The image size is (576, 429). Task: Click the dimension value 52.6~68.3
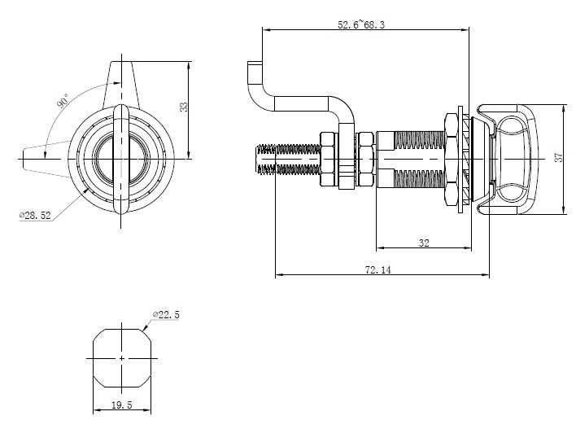coord(361,25)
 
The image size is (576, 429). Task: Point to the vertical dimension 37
coord(559,158)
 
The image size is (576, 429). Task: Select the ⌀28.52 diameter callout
coord(35,215)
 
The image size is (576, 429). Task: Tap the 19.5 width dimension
coord(122,405)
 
